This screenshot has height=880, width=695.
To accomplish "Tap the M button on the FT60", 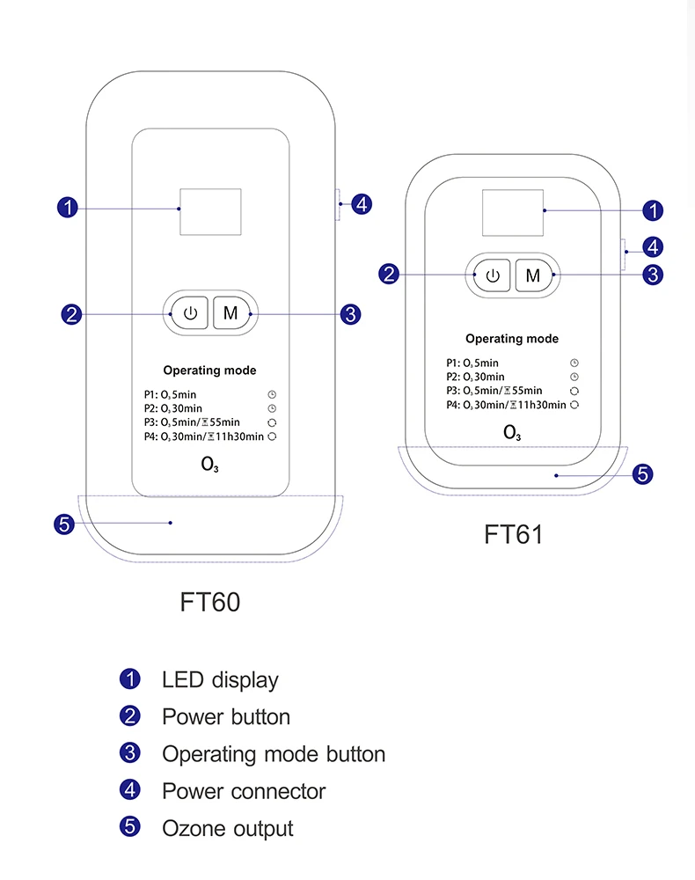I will coord(230,313).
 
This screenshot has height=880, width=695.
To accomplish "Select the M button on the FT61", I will coord(532,275).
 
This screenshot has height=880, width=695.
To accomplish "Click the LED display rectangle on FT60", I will coord(210,211).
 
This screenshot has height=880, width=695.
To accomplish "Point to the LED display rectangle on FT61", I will coord(513,212).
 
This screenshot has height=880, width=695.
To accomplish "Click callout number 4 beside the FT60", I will coord(362,204).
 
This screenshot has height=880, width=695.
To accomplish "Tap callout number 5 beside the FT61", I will coord(643,474).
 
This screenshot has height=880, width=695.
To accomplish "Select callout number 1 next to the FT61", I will coord(653,210).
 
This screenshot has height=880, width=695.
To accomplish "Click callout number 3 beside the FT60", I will coord(350,313).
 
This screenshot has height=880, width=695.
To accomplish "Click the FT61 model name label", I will coord(514,534).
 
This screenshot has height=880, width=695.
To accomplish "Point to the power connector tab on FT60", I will coord(339,205).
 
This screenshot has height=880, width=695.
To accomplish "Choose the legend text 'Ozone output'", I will coord(227,828).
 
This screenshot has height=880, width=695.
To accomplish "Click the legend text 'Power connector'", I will coord(243,791).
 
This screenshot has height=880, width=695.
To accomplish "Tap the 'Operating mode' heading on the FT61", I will coord(512,339).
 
